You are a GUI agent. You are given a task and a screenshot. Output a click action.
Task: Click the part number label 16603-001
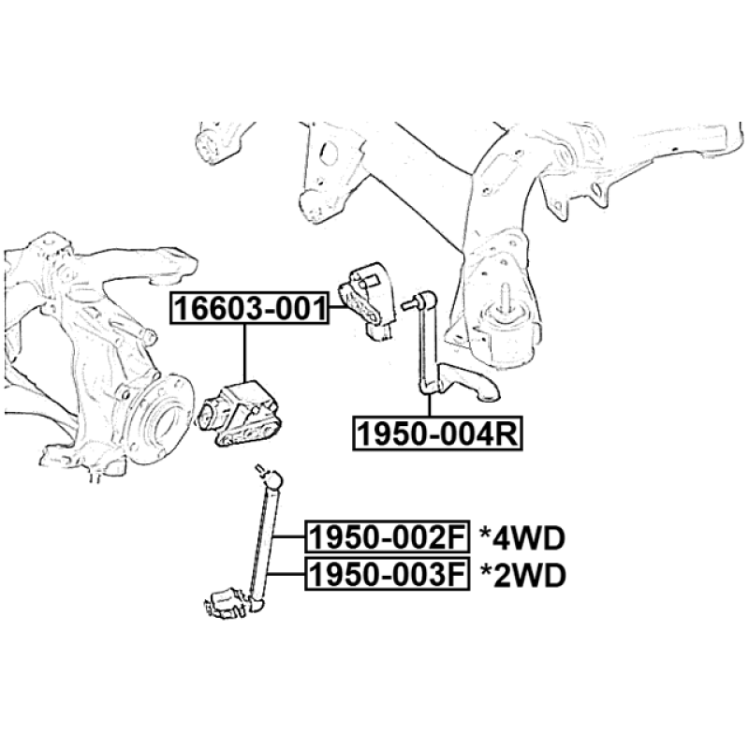click(249, 308)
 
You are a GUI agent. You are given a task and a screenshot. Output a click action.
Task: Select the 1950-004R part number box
click(435, 434)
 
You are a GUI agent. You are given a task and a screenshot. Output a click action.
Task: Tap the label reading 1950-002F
click(387, 537)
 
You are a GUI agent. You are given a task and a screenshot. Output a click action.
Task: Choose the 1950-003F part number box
click(387, 573)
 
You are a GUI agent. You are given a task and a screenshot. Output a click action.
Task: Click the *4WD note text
click(523, 538)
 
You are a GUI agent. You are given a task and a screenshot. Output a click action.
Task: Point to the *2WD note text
click(523, 574)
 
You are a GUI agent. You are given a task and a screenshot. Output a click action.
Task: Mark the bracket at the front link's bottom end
click(227, 601)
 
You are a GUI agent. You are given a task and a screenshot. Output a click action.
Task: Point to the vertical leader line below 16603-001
click(244, 351)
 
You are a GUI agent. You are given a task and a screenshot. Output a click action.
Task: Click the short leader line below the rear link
click(429, 405)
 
